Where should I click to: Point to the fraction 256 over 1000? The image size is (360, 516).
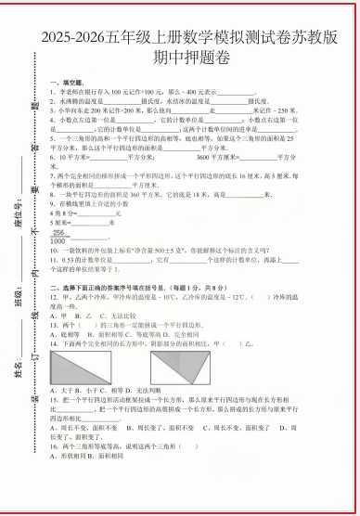click(60, 236)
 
